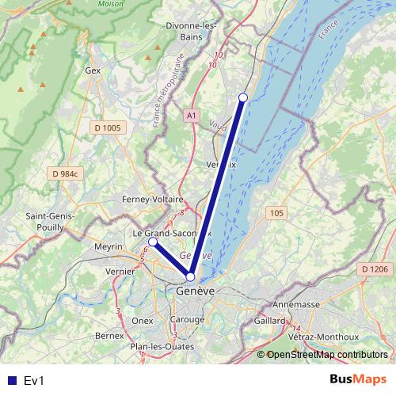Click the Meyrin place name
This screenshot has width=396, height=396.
pyautogui.click(x=109, y=247)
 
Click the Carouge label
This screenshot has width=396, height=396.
pyautogui.click(x=187, y=320)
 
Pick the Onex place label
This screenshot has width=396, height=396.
pyautogui.click(x=143, y=321)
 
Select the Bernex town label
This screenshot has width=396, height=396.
pyautogui.click(x=109, y=336)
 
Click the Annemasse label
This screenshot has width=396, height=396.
pyautogui.click(x=295, y=304)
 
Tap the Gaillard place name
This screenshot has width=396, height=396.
pyautogui.click(x=270, y=320)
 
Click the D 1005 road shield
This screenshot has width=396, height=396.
pyautogui.click(x=107, y=128)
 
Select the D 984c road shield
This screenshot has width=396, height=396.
pyautogui.click(x=67, y=173)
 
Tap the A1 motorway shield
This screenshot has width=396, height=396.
pyautogui.click(x=192, y=116)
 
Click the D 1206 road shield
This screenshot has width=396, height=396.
pyautogui.click(x=375, y=269)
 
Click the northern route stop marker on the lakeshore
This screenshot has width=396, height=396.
pyautogui.click(x=243, y=97)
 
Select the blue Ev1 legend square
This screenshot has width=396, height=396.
pyautogui.click(x=12, y=380)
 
